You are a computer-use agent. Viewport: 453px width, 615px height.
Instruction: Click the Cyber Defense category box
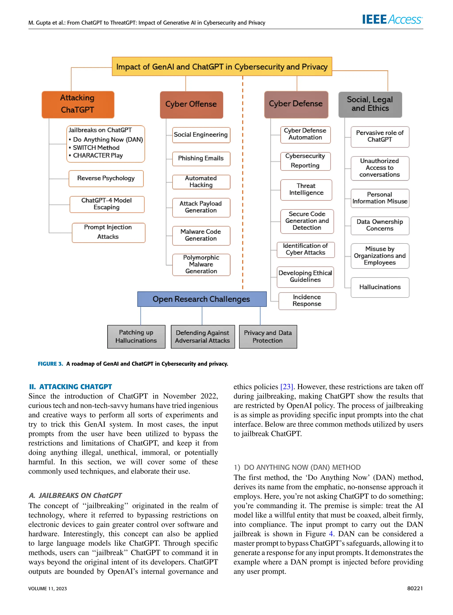(x=296, y=104)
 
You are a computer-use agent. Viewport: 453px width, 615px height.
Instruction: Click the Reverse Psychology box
(x=106, y=178)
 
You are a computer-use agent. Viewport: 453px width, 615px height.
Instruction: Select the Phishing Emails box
(x=201, y=159)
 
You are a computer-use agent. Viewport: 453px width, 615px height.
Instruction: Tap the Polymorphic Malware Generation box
(x=201, y=264)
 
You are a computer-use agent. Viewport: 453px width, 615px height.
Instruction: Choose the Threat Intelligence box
(x=306, y=190)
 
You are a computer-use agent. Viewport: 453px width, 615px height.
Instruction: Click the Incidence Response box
(x=307, y=301)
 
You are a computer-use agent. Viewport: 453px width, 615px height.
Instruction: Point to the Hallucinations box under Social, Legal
(x=380, y=287)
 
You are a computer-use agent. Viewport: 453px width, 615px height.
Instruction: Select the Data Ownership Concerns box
(x=380, y=225)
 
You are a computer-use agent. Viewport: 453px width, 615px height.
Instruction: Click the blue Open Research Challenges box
(x=202, y=299)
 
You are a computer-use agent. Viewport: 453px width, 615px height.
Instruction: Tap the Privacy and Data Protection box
(x=268, y=336)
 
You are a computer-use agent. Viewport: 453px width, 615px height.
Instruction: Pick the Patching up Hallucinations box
(x=136, y=336)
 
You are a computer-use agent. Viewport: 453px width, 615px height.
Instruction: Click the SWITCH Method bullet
(x=96, y=148)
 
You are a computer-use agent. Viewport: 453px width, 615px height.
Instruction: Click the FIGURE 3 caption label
(x=50, y=364)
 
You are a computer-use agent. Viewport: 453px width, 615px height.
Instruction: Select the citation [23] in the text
(x=286, y=387)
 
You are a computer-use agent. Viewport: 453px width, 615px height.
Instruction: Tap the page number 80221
(x=415, y=588)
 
